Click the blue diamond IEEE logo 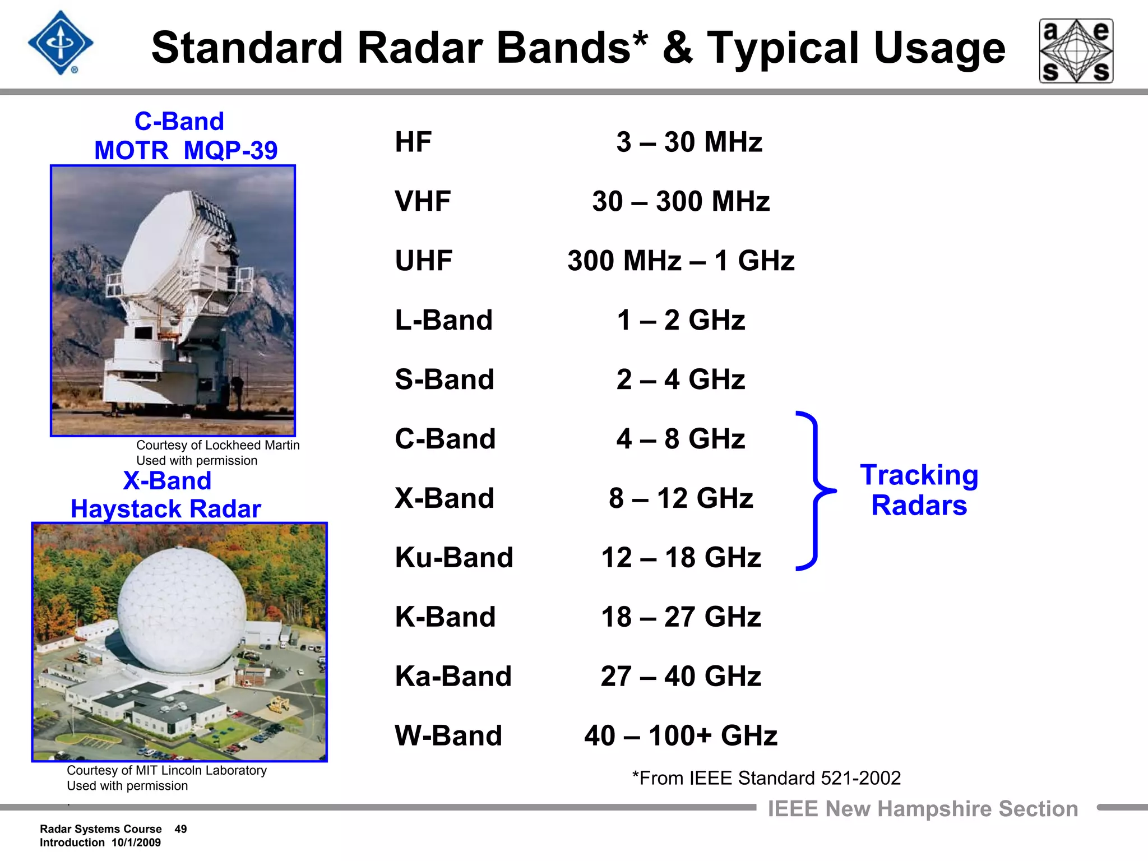point(61,43)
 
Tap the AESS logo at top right point(1076,51)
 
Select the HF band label point(413,142)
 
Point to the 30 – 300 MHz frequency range point(681,201)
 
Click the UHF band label point(423,261)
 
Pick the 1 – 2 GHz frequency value point(681,320)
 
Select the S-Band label point(445,379)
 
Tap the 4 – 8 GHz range point(681,439)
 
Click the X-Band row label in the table point(445,498)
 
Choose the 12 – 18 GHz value point(681,558)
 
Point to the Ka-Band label point(453,676)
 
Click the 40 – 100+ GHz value point(681,735)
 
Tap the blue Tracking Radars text point(919,490)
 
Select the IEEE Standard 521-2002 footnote point(766,778)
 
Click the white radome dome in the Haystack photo point(182,608)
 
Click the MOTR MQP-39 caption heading point(186,150)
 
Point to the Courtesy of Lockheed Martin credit point(217,445)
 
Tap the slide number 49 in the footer point(180,829)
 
